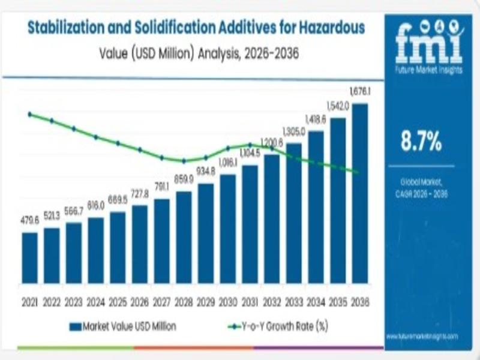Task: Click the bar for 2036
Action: (x=360, y=193)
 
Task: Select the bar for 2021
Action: (x=29, y=257)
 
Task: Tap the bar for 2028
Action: (x=184, y=237)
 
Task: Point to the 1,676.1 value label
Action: (x=360, y=91)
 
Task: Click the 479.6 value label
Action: (x=29, y=220)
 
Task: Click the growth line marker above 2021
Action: (x=29, y=113)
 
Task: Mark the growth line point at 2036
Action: (x=359, y=172)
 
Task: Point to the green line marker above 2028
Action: (x=184, y=161)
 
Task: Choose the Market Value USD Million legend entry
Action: (x=122, y=326)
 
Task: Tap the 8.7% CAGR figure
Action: (x=421, y=142)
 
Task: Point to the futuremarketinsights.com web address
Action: (x=422, y=337)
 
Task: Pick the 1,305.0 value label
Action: (x=294, y=131)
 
